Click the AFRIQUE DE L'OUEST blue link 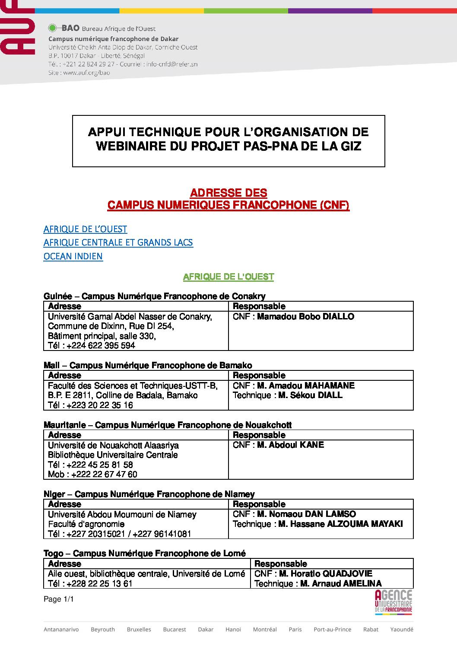85,229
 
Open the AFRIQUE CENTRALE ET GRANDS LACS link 118,242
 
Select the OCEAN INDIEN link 73,256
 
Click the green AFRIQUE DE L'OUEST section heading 228,277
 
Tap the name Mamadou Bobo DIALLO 305,317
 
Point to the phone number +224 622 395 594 101,345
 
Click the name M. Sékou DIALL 310,395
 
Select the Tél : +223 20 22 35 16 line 90,405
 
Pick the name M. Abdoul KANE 290,445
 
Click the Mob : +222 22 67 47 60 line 92,474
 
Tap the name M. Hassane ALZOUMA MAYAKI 340,524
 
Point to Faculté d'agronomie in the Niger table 86,524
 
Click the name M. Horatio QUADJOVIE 325,574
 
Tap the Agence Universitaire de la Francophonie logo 393,602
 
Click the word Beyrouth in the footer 103,629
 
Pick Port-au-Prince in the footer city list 332,629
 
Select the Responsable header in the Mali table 259,376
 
